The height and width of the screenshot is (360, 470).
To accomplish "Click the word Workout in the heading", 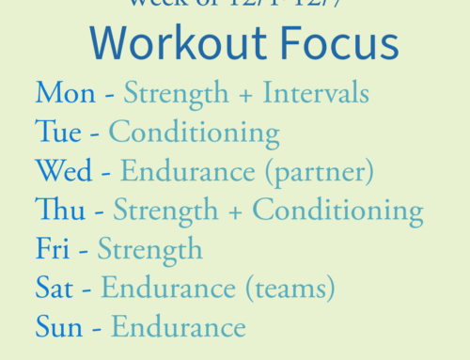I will click(165, 44).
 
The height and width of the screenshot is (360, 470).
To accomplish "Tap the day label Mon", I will click(65, 94).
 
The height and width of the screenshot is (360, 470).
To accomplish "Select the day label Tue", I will click(58, 133).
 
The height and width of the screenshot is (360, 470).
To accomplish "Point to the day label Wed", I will click(64, 171).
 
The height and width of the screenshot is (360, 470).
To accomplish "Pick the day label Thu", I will click(58, 210).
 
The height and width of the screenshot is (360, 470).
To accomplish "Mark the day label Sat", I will click(55, 288).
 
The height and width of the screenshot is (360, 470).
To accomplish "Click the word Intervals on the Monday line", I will click(315, 94).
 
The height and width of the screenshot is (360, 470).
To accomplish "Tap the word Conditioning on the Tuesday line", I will click(194, 133).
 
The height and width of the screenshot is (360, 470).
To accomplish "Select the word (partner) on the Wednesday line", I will click(316, 172).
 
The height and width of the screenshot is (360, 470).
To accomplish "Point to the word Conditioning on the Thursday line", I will click(337, 210).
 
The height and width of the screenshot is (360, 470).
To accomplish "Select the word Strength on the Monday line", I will click(177, 94).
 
